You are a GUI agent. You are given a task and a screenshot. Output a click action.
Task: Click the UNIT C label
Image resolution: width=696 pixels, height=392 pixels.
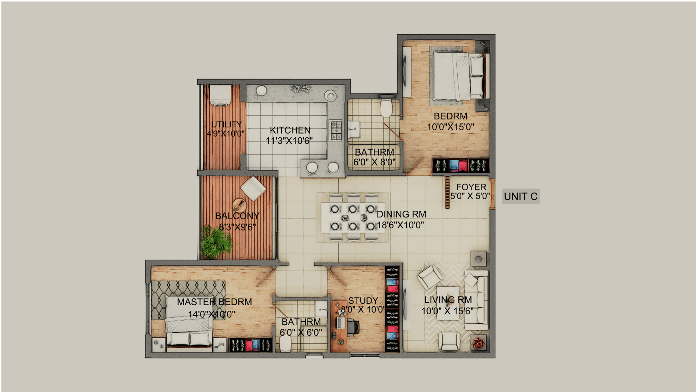(521, 197)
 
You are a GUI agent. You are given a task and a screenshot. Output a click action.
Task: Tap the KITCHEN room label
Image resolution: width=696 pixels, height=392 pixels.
(290, 130)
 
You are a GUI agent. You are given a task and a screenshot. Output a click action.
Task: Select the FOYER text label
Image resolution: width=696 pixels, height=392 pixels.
(471, 187)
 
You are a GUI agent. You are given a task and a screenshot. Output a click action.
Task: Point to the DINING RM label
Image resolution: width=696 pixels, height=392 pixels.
(401, 214)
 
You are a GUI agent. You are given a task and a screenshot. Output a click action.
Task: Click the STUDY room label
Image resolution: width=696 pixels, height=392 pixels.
(363, 300)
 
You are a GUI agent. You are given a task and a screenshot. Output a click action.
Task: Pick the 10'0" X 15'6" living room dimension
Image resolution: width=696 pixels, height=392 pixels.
(447, 311)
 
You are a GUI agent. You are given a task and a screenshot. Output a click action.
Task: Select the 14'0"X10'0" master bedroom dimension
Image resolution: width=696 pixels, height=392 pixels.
(212, 314)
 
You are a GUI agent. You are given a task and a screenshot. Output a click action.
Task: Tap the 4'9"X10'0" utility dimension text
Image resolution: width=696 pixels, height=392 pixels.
(226, 134)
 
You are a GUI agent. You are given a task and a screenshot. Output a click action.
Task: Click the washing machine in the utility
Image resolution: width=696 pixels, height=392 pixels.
(220, 96)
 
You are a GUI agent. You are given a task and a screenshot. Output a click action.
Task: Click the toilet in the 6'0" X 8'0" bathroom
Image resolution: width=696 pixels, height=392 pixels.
(386, 107)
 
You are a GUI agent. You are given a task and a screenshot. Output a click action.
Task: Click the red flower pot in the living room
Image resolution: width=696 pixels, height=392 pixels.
(478, 343)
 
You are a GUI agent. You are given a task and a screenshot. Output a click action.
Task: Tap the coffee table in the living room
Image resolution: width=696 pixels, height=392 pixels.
(448, 303)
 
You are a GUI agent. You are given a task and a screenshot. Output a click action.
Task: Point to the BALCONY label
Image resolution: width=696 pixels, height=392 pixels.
(237, 216)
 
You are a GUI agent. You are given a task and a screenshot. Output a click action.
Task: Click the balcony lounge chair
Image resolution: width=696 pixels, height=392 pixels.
(253, 188)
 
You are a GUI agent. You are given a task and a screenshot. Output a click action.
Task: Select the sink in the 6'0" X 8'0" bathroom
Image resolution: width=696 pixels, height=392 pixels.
(354, 128)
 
